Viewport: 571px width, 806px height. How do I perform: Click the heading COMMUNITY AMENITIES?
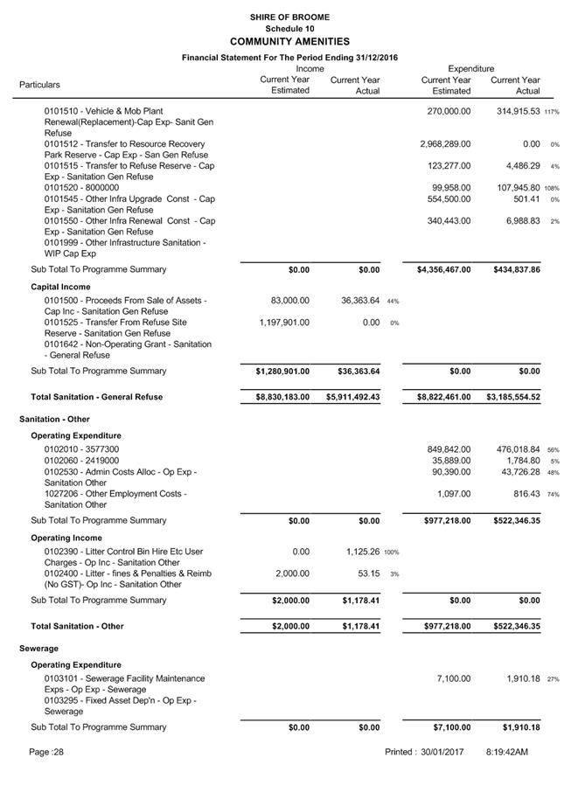[289, 41]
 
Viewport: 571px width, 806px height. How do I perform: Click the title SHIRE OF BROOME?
[289, 17]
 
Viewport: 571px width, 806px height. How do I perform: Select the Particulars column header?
[40, 85]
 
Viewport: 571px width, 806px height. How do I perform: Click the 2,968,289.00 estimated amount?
[445, 144]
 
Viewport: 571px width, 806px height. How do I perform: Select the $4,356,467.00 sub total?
[444, 270]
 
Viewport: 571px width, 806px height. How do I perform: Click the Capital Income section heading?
[60, 287]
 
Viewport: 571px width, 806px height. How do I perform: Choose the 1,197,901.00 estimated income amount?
[284, 323]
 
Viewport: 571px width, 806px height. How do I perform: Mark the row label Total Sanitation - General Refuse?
[97, 398]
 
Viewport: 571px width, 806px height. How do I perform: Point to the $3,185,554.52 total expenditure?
[514, 398]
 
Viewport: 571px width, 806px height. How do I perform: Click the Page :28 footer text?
[46, 753]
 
